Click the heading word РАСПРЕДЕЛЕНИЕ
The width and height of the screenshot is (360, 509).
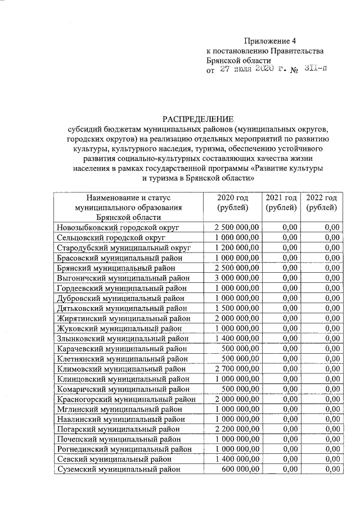click(x=197, y=118)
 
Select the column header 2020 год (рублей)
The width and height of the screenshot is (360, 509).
click(x=236, y=203)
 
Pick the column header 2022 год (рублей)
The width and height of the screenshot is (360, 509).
click(x=322, y=203)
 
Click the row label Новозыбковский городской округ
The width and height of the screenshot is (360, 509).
click(x=118, y=227)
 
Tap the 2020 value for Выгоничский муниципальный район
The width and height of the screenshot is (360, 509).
click(x=237, y=277)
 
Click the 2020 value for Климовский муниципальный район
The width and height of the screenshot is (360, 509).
click(x=237, y=368)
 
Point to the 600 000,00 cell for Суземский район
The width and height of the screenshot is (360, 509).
click(x=240, y=470)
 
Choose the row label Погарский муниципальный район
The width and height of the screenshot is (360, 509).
click(x=118, y=429)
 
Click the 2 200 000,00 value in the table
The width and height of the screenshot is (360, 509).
click(x=237, y=429)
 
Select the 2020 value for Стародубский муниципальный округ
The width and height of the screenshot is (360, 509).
click(x=237, y=247)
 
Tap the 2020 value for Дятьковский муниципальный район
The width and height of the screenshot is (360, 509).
click(x=237, y=308)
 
